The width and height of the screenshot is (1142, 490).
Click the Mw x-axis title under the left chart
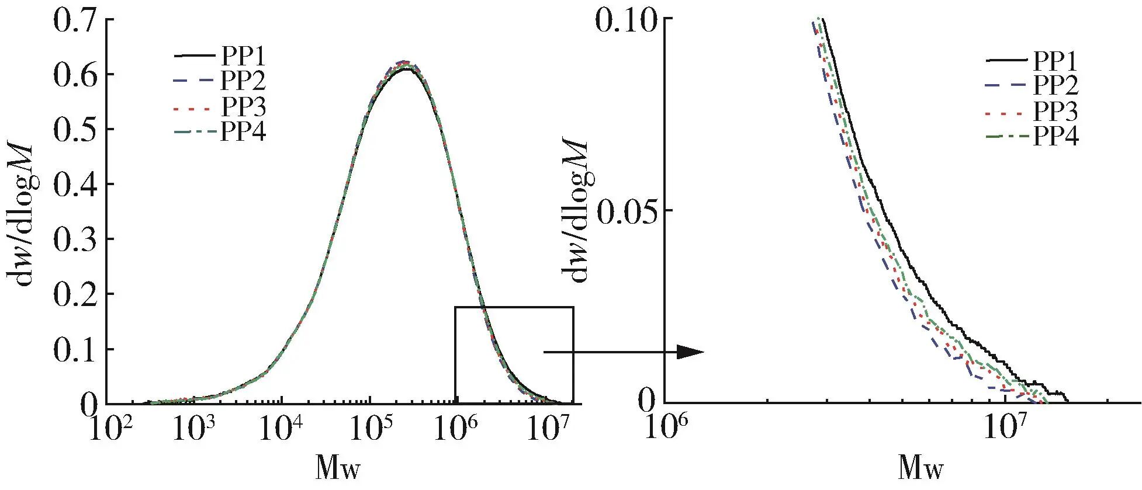339,467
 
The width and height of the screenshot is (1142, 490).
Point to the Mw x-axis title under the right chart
920,467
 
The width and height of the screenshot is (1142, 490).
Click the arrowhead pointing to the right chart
691,352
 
